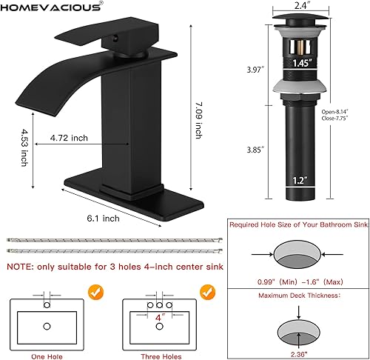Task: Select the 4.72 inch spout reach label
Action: coord(69,138)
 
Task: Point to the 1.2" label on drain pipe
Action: coord(299,179)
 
